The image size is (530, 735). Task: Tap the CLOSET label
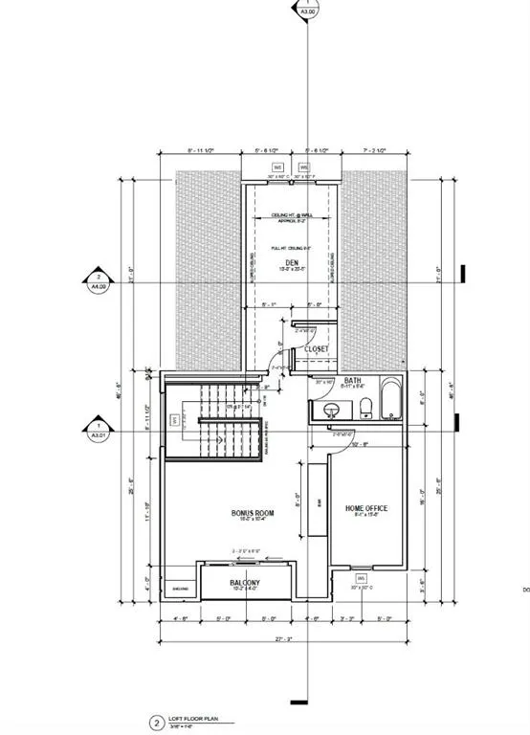(x=317, y=349)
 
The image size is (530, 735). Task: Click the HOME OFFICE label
(x=365, y=508)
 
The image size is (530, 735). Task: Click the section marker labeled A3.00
(x=308, y=11)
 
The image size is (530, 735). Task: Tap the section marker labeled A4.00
(x=98, y=278)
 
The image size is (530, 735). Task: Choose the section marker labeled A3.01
(x=98, y=430)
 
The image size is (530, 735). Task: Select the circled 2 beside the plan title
(x=155, y=724)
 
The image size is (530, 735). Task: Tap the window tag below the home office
(x=362, y=579)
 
